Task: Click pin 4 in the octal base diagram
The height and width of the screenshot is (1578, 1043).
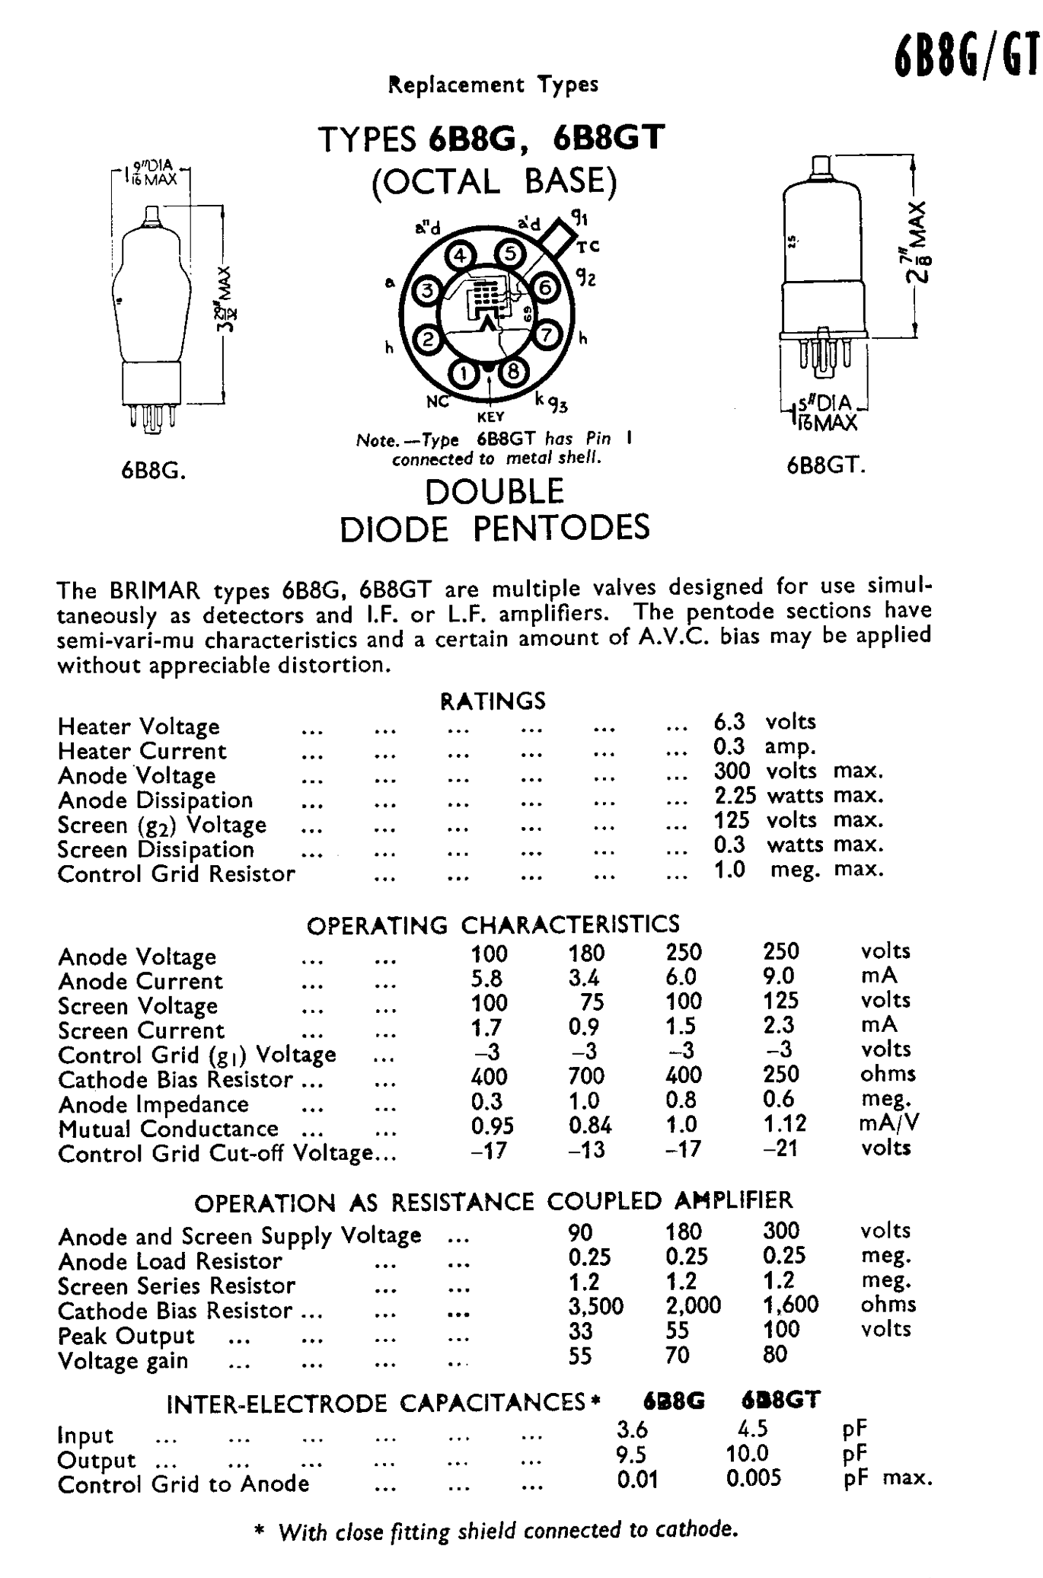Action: click(x=460, y=256)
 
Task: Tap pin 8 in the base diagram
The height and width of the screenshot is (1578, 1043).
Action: click(x=514, y=372)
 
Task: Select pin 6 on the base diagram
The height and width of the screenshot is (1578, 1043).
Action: click(x=544, y=288)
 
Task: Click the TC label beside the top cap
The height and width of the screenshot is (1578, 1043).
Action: click(x=588, y=246)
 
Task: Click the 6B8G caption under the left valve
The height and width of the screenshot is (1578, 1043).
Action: click(x=154, y=471)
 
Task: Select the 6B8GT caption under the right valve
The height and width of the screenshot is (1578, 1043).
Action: click(x=826, y=465)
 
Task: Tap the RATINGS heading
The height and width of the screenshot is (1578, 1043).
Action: click(x=493, y=701)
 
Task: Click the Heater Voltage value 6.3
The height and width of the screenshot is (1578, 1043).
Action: click(x=729, y=722)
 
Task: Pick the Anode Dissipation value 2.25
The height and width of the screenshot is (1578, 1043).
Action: click(x=735, y=796)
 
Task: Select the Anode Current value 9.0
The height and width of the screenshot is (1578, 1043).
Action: click(x=780, y=976)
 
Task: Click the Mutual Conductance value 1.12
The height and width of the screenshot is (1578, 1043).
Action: click(x=784, y=1123)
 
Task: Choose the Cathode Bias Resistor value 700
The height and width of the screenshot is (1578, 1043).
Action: click(x=585, y=1075)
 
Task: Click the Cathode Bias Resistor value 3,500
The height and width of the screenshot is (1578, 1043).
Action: click(x=595, y=1305)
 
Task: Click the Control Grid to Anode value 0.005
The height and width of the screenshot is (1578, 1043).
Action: click(x=753, y=1478)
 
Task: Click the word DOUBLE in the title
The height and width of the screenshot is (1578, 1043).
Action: click(x=494, y=492)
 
